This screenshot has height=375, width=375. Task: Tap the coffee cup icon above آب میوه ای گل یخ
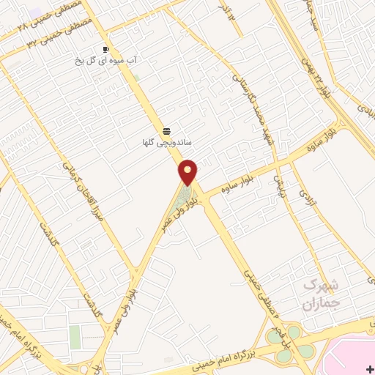106,50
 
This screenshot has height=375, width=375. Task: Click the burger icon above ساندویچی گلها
167,131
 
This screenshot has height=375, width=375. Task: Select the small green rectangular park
75,337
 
